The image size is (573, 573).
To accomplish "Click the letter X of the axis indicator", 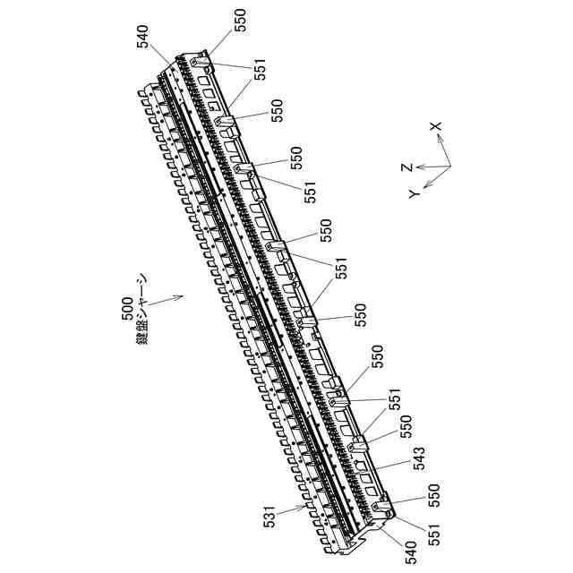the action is click(436, 127).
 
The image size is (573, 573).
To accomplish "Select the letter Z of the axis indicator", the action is click(406, 166).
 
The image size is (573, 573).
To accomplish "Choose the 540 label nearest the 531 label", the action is click(413, 549).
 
